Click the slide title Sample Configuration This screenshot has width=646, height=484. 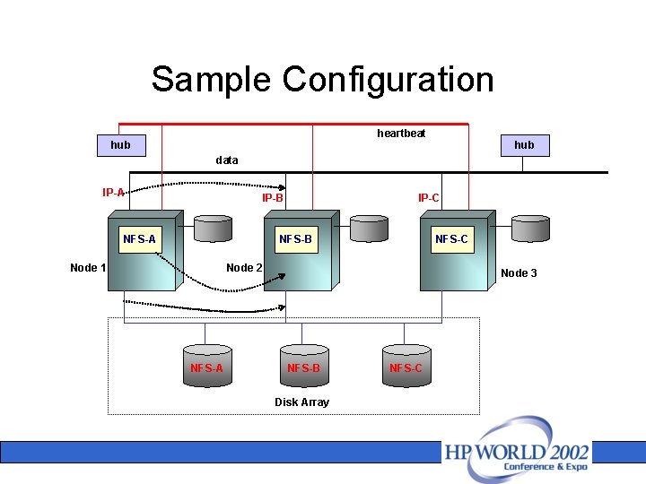(322, 79)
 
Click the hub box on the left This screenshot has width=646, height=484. (120, 144)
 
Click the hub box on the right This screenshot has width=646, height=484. (524, 144)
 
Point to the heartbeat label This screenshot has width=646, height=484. (401, 134)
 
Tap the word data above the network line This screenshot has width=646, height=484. (227, 160)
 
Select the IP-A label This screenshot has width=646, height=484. (113, 192)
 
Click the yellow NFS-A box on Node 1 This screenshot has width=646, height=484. (139, 239)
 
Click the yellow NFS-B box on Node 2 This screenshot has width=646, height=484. (295, 239)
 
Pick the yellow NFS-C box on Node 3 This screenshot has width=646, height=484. (451, 239)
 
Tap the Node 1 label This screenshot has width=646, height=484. (88, 267)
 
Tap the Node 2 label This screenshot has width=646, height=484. (244, 267)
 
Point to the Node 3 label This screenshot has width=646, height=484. (519, 272)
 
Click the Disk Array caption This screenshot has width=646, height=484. (301, 402)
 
